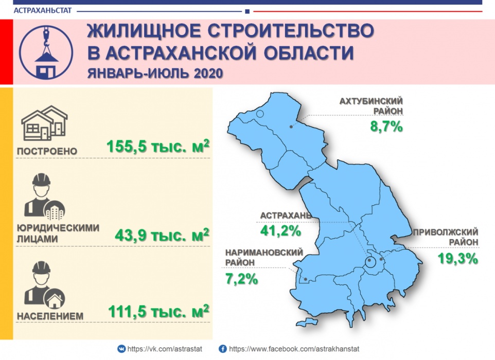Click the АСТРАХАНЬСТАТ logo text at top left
pos(43,10)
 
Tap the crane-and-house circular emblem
pos(46,52)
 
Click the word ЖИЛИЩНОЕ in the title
pos(144,31)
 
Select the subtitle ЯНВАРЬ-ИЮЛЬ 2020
pos(155,73)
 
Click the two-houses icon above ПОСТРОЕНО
pos(44,123)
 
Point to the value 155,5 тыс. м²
pos(158,147)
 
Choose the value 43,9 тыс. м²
pos(162,235)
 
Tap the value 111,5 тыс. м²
pos(159,312)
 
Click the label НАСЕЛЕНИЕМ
pos(50,316)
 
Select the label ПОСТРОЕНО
pos(47,151)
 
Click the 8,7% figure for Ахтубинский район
pos(386,127)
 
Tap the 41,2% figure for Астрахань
pos(280,231)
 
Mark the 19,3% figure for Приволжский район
pos(458,259)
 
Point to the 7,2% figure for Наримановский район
pos(241,279)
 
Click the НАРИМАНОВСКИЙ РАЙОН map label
pos(264,257)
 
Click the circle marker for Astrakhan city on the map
pos(370,261)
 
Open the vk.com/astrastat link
pos(165,349)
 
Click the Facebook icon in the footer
pos(223,349)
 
